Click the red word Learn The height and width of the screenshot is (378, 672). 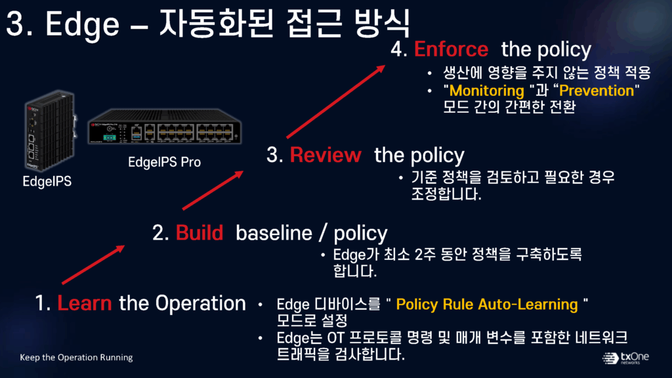84,303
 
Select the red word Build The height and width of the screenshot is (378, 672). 199,233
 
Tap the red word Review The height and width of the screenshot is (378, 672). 325,156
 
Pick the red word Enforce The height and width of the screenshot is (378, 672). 451,49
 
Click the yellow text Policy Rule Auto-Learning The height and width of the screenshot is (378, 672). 487,304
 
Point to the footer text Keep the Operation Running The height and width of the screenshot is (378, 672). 76,358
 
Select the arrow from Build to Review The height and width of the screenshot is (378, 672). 213,190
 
